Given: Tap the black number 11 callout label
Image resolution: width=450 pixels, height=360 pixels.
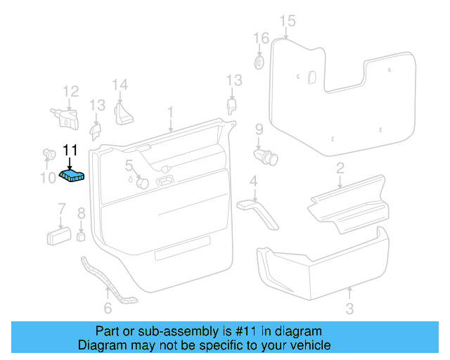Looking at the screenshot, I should coord(70,150).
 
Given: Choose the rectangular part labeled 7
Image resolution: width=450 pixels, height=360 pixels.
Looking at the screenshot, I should coord(58,234).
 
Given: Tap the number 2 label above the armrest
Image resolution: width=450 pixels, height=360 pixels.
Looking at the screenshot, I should coord(340,167).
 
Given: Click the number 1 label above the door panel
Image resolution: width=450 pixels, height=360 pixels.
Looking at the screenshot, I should coord(170,112).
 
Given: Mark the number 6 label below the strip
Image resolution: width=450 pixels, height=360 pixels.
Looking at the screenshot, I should coord(108,308).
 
